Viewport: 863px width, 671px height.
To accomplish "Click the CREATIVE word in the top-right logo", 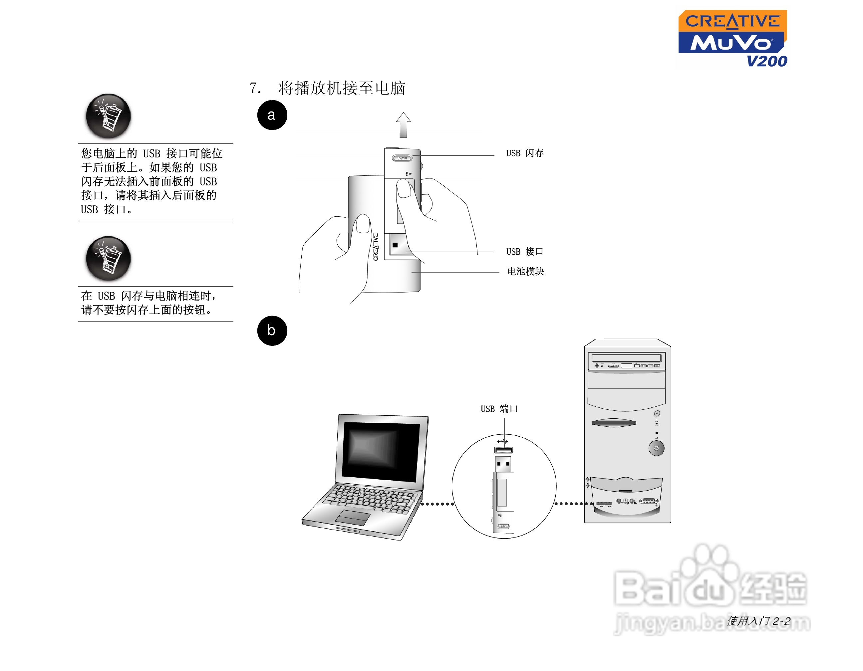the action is click(x=732, y=22).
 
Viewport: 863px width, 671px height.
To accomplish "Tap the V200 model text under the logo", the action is click(x=766, y=61).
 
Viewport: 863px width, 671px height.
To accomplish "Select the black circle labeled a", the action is click(x=272, y=115).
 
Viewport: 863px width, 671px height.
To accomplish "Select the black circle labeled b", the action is click(x=272, y=331).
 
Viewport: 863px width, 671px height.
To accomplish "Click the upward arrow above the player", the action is click(x=404, y=125).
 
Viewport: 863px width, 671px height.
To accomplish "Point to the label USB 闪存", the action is click(x=525, y=153).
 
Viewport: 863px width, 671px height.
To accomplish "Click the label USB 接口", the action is click(x=525, y=252).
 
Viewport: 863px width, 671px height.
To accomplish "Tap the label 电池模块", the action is click(x=525, y=271).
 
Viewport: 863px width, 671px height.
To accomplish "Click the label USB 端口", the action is click(x=499, y=409).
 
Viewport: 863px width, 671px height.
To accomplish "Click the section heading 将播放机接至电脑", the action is click(x=342, y=88).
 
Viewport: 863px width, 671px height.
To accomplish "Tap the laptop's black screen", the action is click(x=381, y=451).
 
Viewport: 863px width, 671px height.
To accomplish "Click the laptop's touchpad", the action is click(x=353, y=517).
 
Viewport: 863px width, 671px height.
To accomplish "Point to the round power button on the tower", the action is click(x=656, y=448).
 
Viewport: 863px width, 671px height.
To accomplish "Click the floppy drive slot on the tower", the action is click(x=614, y=423).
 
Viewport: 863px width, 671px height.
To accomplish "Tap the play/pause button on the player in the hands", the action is click(x=402, y=158).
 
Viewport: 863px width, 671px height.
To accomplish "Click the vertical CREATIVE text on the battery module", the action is click(x=376, y=247).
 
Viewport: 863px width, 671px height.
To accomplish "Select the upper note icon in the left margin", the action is click(x=108, y=116).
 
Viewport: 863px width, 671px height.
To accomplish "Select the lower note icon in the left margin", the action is click(x=108, y=258).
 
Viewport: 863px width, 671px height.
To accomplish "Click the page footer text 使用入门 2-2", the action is click(x=759, y=621).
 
